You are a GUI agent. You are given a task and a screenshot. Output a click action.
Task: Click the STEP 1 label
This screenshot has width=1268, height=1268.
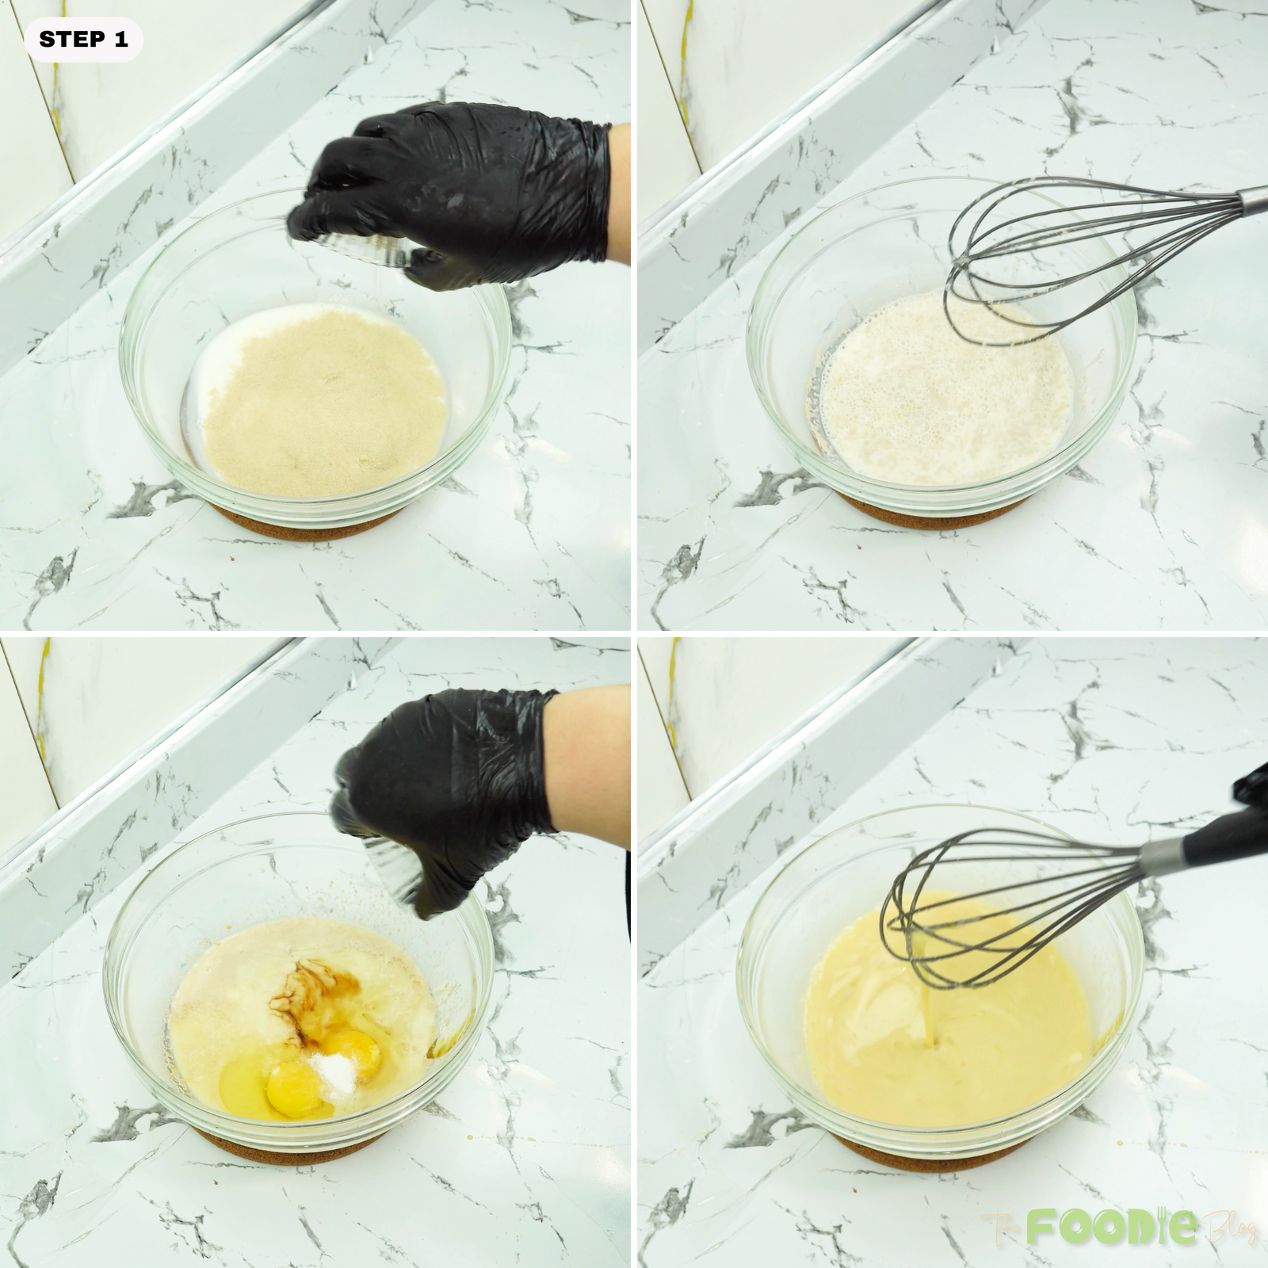83,40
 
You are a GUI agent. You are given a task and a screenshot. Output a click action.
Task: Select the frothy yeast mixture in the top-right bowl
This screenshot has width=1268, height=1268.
943,396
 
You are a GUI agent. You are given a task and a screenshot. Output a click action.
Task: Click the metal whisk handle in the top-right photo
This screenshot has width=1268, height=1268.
1248,202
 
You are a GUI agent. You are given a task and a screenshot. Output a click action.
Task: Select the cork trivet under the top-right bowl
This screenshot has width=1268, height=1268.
943,511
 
